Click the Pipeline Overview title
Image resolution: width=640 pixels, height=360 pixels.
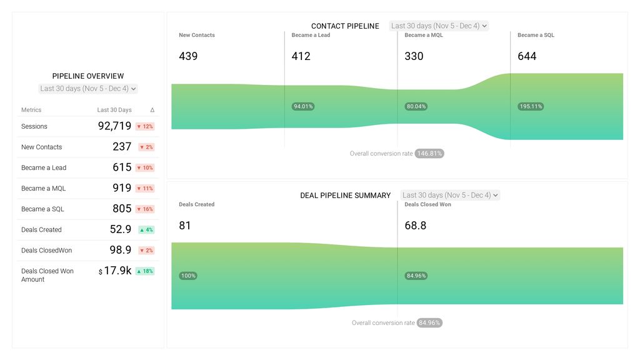pos(88,76)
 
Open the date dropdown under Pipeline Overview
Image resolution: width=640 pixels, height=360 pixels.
pos(88,89)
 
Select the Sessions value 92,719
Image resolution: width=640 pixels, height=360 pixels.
pos(114,126)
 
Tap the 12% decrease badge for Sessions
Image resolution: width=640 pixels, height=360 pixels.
pos(145,126)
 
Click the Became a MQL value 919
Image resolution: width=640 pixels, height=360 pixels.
pos(122,188)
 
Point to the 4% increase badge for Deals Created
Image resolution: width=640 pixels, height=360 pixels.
pos(146,230)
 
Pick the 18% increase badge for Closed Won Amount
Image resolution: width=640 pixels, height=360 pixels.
pos(145,271)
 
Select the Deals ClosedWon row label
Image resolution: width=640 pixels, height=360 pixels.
pos(46,251)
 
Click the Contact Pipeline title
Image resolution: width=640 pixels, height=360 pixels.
pos(345,26)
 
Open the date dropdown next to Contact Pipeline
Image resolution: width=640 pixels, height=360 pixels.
pos(438,26)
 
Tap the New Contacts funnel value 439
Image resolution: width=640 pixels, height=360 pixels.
pos(188,56)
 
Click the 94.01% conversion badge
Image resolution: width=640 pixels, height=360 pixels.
pos(303,106)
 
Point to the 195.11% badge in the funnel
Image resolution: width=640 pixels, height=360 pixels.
pos(531,106)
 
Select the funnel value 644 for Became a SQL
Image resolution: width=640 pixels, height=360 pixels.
pos(527,56)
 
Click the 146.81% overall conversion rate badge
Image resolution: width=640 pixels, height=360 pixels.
pos(429,153)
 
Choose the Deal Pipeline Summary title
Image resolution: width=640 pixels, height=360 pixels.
pos(345,196)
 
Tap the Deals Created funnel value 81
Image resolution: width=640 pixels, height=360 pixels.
pos(185,226)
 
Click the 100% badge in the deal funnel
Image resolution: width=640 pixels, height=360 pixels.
pos(188,276)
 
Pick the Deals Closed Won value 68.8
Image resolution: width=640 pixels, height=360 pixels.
pos(416,226)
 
